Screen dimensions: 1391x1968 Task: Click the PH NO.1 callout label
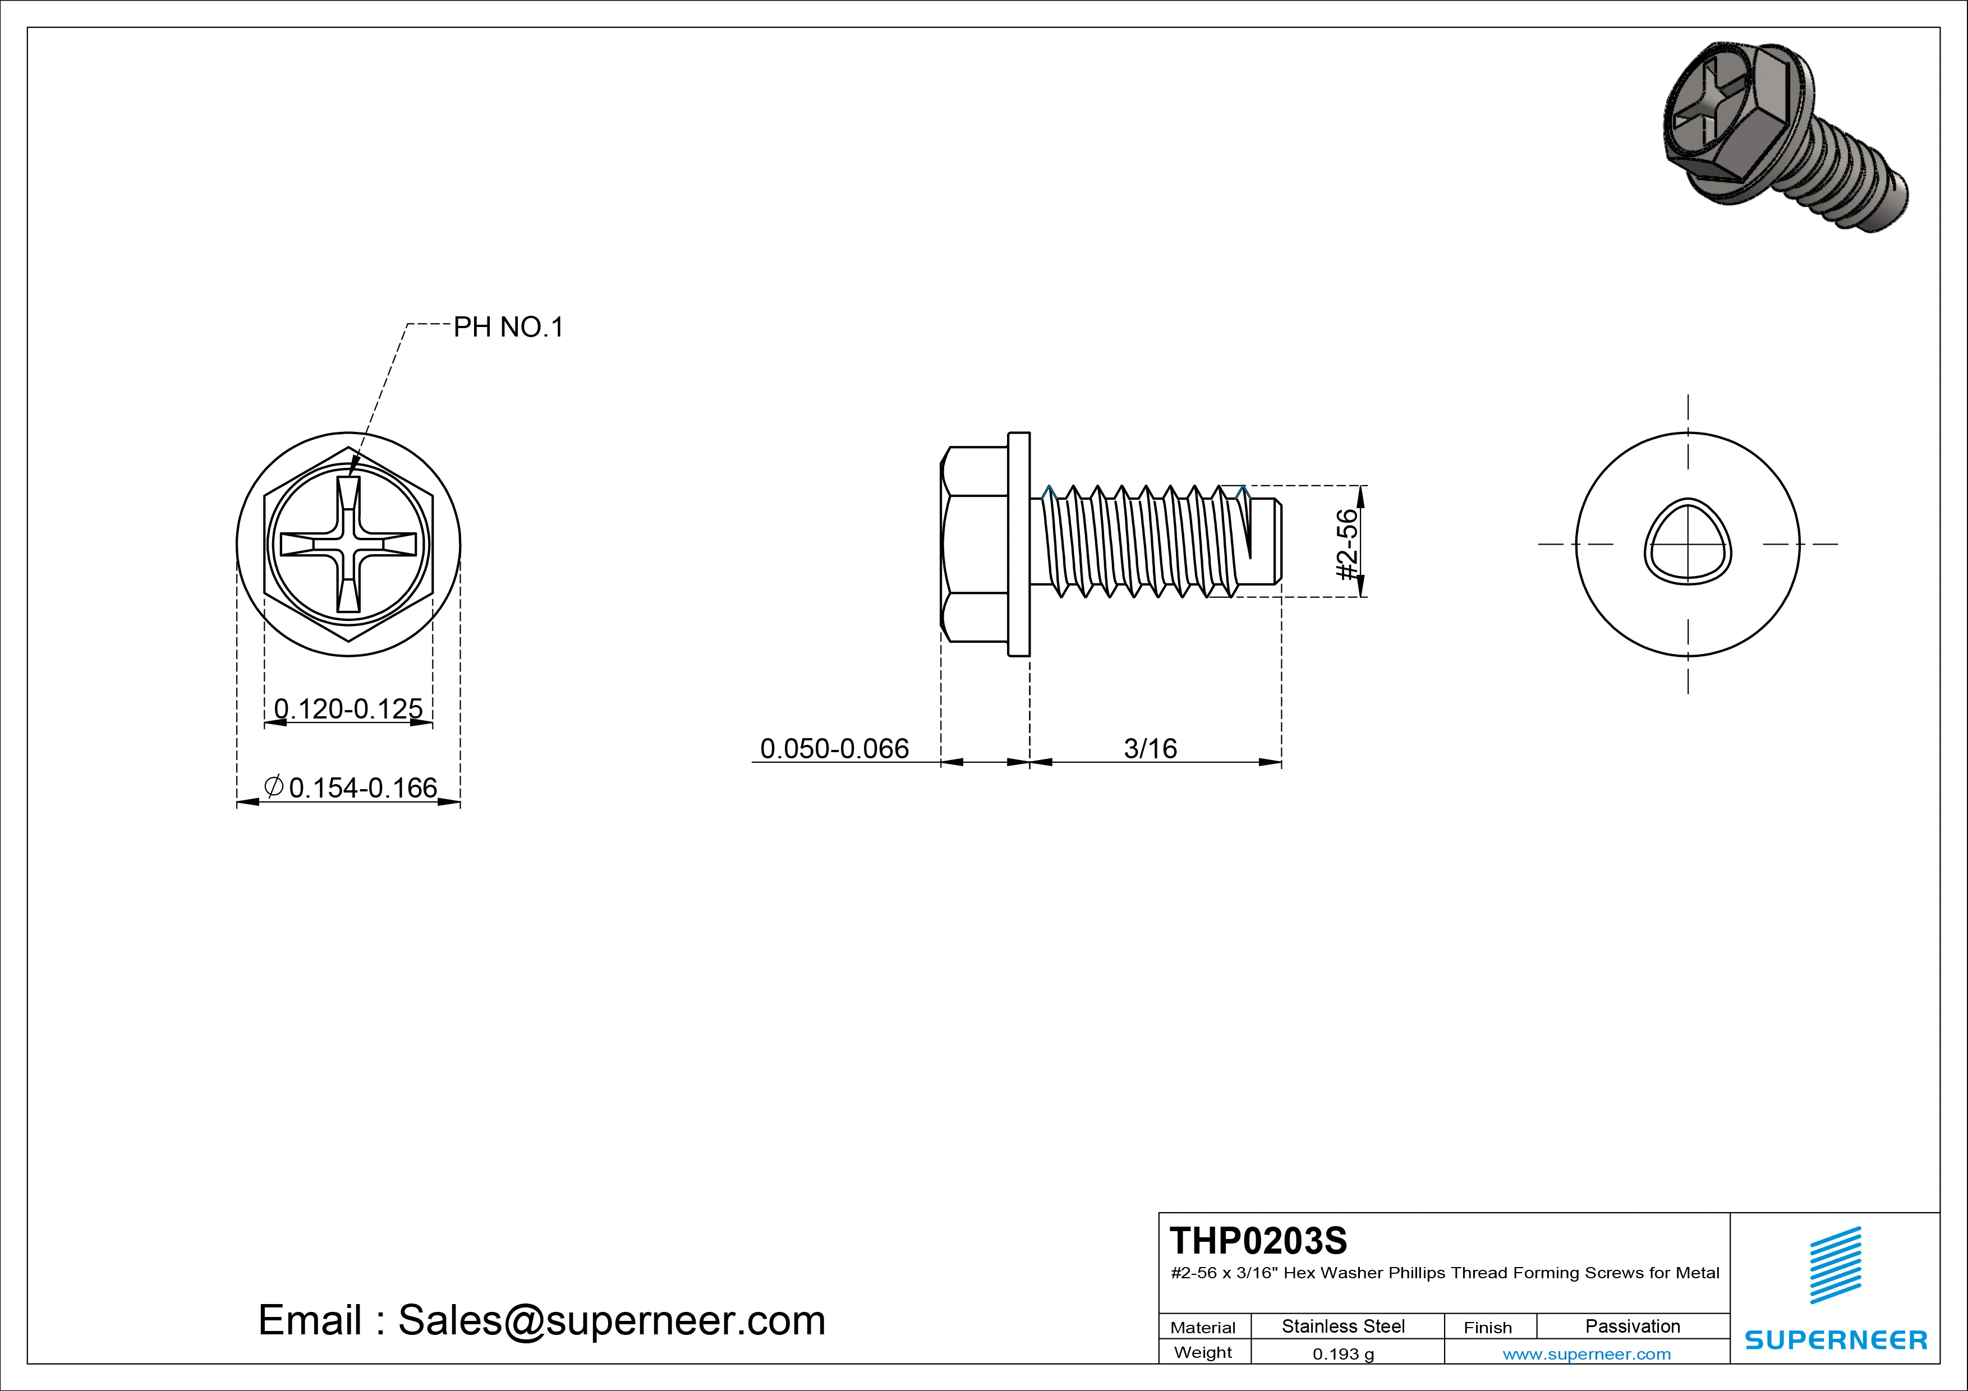point(508,328)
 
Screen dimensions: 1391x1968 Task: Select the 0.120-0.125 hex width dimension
point(348,709)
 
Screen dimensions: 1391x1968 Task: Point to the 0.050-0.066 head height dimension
point(834,748)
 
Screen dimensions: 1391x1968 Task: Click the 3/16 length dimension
point(1150,748)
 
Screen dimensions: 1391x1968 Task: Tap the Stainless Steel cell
point(1342,1326)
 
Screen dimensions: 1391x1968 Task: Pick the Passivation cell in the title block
point(1632,1326)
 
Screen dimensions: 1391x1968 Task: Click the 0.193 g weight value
point(1342,1354)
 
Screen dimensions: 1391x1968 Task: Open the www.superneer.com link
point(1587,1354)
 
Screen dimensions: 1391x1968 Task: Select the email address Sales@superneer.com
point(611,1321)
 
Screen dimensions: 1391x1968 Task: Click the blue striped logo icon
point(1835,1265)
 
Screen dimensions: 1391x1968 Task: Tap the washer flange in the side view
point(1018,544)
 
